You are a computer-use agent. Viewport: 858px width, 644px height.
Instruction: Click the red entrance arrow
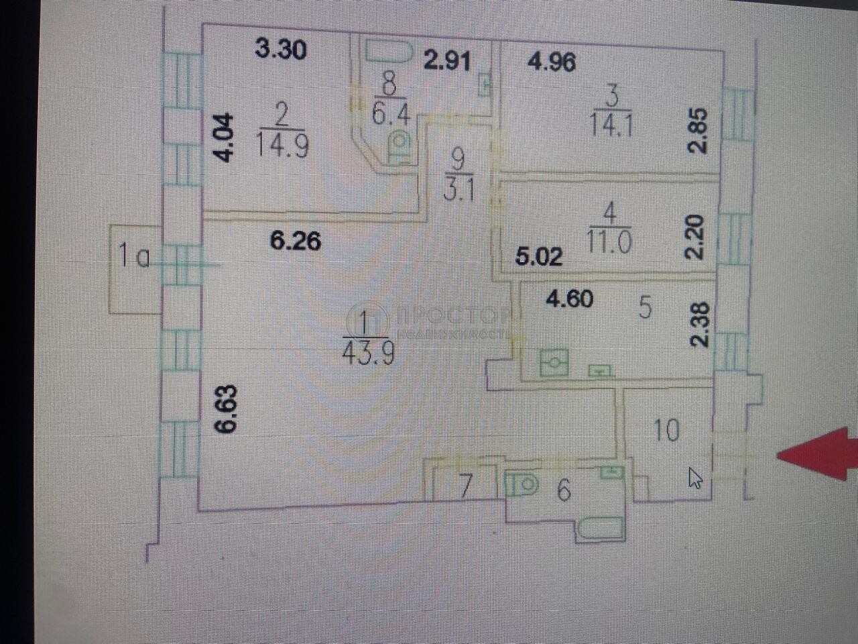(819, 455)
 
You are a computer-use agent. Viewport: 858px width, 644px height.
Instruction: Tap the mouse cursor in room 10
(695, 478)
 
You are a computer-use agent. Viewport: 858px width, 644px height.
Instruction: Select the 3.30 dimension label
(282, 49)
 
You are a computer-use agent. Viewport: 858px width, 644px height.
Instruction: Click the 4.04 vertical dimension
(226, 138)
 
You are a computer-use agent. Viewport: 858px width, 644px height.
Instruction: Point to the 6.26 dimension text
(295, 240)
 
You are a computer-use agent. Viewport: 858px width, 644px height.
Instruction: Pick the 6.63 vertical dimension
(227, 409)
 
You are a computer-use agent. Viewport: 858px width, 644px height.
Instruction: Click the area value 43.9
(367, 352)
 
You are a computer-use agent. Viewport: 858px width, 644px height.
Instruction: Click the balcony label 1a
(134, 257)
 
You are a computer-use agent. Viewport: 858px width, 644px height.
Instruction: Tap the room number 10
(666, 430)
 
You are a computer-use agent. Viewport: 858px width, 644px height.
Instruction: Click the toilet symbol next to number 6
(523, 484)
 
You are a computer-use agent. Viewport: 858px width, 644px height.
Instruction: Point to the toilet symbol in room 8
(400, 146)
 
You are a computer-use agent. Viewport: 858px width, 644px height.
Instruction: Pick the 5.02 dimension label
(538, 256)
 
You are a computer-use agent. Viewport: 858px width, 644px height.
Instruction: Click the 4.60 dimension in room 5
(569, 299)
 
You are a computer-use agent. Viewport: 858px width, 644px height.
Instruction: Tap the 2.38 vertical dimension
(699, 324)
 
